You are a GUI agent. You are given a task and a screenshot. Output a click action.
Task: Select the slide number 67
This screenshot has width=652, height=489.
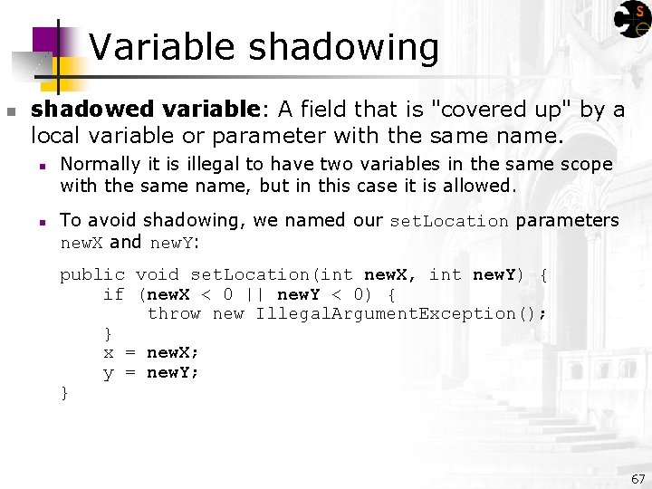click(x=638, y=478)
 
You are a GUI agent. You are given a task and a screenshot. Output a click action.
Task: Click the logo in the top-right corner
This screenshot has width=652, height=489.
click(x=631, y=19)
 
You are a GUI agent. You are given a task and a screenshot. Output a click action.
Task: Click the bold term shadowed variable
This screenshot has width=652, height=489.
click(x=146, y=110)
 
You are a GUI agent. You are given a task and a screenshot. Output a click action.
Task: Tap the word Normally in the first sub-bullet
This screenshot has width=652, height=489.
click(x=100, y=165)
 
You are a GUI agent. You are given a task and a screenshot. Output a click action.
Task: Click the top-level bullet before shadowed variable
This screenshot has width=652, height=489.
click(x=11, y=111)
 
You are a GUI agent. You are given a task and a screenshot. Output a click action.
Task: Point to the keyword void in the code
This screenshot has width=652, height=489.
click(x=158, y=274)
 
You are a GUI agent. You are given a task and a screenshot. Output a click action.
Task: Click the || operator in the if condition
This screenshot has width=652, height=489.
click(x=255, y=294)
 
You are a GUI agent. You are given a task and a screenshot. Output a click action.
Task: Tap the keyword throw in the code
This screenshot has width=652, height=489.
click(x=174, y=313)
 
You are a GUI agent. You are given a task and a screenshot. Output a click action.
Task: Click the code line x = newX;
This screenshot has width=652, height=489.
click(x=151, y=353)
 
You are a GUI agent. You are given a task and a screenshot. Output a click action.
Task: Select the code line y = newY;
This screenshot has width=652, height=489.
click(x=151, y=373)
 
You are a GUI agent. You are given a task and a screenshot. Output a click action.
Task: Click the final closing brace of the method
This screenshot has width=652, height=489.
click(x=64, y=392)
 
